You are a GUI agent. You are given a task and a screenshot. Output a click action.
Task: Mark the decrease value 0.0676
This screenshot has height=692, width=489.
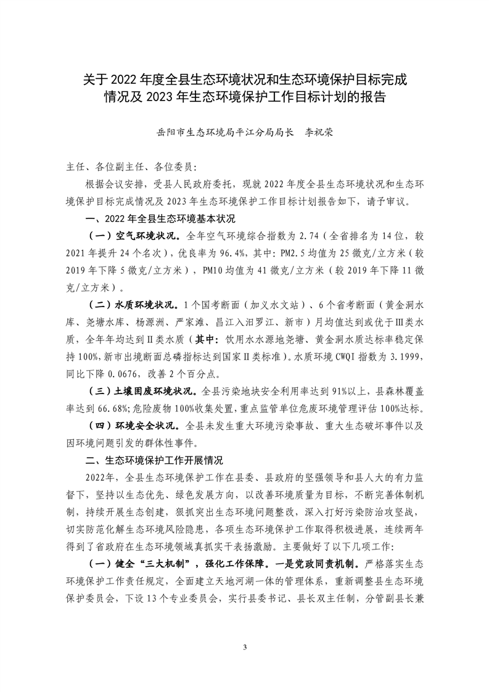click(x=127, y=373)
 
